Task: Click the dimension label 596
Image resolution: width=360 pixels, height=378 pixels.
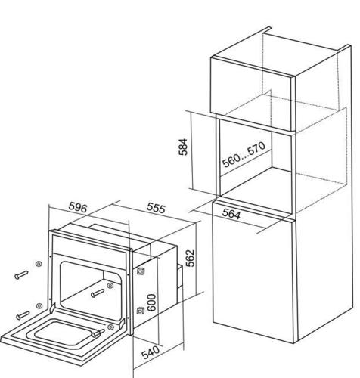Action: (x=78, y=208)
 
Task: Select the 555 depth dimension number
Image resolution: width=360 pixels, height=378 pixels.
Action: (x=157, y=208)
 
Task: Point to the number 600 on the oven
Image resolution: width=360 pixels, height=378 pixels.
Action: (x=151, y=302)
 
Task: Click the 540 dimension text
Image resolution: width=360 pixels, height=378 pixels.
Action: (x=151, y=352)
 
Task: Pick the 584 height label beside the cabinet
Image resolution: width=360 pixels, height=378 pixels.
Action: (x=183, y=147)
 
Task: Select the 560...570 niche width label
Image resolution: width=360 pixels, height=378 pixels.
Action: (x=244, y=155)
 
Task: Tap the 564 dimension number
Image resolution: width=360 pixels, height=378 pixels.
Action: (x=231, y=214)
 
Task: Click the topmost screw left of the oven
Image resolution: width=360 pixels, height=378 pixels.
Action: (x=21, y=274)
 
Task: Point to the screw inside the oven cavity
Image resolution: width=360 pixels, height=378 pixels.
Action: (x=98, y=293)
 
